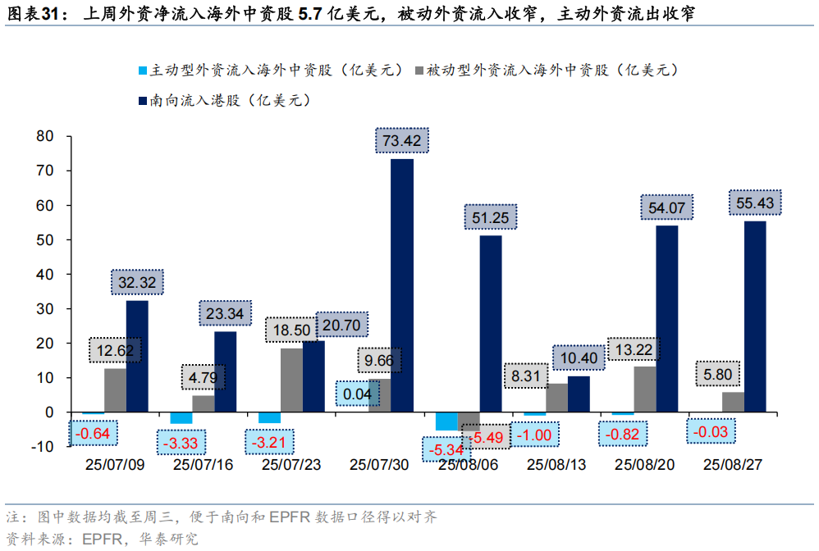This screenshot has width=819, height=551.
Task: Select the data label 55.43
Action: [755, 203]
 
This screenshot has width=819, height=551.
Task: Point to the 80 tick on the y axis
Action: [44, 136]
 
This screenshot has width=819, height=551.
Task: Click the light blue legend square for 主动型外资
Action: [142, 71]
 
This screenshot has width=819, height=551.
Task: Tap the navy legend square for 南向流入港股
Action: [142, 102]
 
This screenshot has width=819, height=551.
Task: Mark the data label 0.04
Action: [359, 394]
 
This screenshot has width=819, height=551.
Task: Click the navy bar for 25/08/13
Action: [579, 394]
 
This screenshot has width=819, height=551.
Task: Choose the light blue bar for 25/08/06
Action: [446, 421]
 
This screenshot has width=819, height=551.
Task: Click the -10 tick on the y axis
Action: [41, 446]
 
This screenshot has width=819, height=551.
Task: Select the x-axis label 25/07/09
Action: [115, 465]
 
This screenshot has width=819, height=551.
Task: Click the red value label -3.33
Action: [181, 444]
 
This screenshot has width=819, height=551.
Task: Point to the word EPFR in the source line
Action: [102, 539]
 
